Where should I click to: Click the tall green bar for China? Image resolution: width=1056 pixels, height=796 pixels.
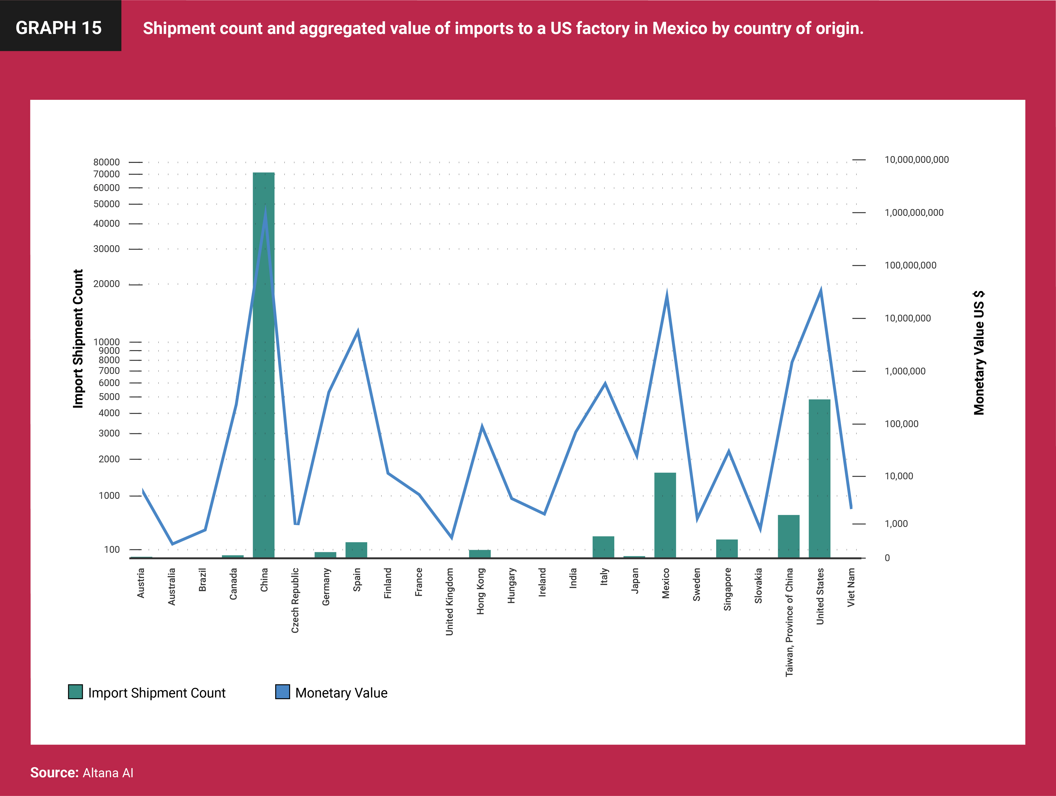click(x=264, y=382)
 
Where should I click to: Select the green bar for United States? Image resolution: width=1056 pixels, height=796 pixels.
click(x=819, y=477)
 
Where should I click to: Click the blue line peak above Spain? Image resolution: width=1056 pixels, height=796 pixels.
click(x=358, y=332)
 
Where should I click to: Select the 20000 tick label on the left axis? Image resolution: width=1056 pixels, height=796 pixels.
click(x=106, y=284)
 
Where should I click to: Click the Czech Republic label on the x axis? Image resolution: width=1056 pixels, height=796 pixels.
click(x=295, y=600)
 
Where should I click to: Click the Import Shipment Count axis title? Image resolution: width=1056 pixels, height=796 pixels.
click(x=78, y=339)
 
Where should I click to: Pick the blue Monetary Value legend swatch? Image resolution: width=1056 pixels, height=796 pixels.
click(x=283, y=692)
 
